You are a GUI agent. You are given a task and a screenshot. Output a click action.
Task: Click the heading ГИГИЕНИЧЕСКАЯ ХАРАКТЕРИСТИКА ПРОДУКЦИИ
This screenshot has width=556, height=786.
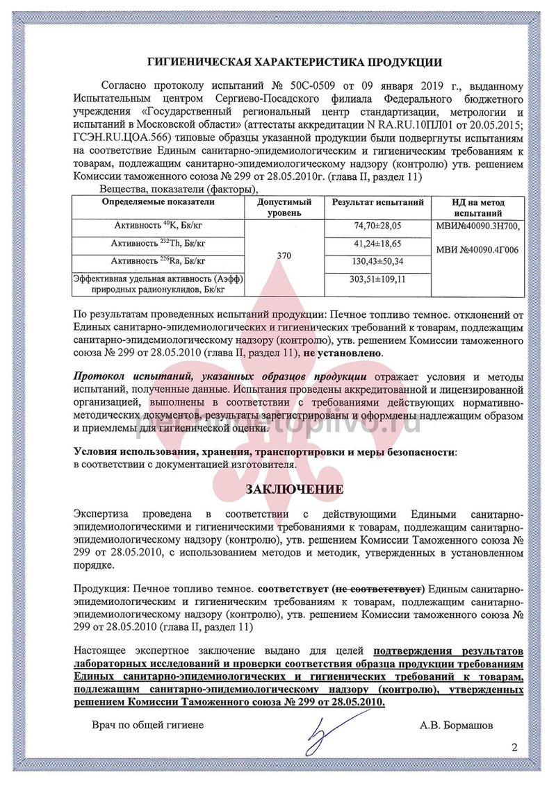tap(295, 62)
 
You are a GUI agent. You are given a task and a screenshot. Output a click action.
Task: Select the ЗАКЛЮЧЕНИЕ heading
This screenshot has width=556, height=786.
tap(295, 490)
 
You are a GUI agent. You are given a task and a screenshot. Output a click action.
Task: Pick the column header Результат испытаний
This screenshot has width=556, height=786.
tap(378, 202)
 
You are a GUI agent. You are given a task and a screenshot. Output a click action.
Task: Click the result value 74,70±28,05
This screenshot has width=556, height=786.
tap(378, 226)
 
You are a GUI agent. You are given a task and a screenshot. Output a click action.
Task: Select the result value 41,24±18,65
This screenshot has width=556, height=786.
tap(378, 244)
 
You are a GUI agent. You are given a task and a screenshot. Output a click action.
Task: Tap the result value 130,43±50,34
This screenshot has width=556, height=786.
tap(378, 261)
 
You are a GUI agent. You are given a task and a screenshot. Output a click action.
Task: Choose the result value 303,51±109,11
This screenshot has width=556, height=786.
tap(378, 279)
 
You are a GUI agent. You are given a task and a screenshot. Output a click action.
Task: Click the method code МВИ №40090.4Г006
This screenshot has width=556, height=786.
tap(477, 249)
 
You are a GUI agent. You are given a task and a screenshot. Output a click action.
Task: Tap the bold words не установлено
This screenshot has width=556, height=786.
tap(341, 353)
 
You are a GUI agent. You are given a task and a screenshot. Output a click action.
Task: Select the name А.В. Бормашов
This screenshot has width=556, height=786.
tap(457, 725)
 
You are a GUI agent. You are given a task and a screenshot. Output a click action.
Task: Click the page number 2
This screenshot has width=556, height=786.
tap(515, 747)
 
